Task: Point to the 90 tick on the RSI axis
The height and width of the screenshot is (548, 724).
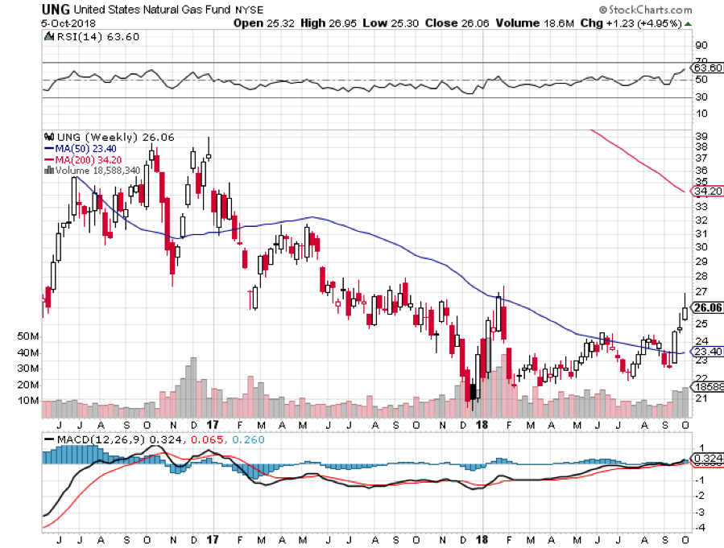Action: point(701,45)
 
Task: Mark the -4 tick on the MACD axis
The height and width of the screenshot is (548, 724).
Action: point(702,527)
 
